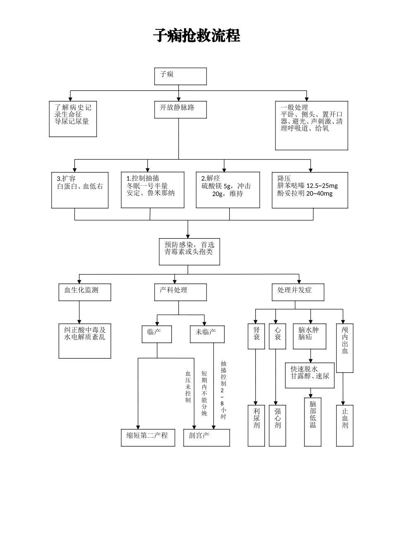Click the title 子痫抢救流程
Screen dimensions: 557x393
[x=196, y=36]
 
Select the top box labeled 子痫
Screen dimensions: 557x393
[x=180, y=76]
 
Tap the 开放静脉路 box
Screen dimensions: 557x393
[x=180, y=109]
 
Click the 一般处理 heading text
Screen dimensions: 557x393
[x=294, y=107]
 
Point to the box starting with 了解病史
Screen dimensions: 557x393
[x=73, y=119]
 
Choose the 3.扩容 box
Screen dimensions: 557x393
[x=80, y=190]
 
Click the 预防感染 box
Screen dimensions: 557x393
[x=189, y=252]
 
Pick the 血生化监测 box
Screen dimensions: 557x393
[x=85, y=292]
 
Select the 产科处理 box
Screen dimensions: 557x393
[x=180, y=292]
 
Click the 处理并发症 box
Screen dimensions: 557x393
[x=297, y=292]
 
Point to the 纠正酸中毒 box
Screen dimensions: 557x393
[x=85, y=341]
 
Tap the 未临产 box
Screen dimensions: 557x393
[x=207, y=334]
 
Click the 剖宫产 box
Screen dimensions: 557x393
[x=206, y=438]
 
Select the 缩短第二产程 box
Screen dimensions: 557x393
[x=147, y=438]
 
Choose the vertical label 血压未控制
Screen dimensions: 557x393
[x=188, y=387]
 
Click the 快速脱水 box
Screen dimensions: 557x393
[x=309, y=375]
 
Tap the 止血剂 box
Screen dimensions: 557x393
[x=345, y=425]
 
